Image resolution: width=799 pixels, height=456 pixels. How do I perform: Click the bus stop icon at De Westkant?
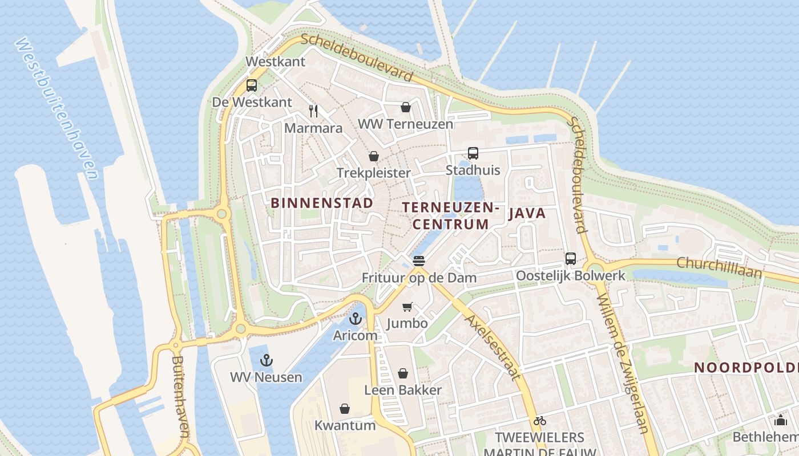point(251,85)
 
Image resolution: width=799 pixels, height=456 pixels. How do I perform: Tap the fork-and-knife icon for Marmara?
point(313,111)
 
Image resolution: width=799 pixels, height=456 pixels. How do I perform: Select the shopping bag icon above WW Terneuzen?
point(405,107)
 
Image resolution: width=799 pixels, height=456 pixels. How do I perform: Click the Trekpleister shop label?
point(373,173)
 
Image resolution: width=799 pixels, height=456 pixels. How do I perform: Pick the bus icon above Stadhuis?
point(473,153)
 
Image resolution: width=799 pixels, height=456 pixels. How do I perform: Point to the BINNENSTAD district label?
point(322,203)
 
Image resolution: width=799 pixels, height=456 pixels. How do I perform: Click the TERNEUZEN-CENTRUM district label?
point(451,215)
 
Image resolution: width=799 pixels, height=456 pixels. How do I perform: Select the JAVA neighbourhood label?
point(527,214)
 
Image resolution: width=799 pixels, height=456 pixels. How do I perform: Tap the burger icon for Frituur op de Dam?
point(419,261)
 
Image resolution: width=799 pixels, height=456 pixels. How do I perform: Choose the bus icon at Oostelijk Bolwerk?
point(570,258)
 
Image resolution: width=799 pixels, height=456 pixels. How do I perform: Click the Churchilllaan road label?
point(719,267)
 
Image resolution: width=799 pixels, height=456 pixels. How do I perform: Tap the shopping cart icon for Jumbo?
point(407,307)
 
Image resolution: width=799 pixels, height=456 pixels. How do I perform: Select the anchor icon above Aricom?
point(356,319)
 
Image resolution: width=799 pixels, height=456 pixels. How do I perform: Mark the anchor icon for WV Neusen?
point(266,360)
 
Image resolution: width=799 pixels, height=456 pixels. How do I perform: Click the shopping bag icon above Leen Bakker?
point(403,373)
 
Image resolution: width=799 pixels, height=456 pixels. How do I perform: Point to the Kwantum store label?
point(345,425)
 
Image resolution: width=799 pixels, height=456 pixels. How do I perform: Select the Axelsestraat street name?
point(493,347)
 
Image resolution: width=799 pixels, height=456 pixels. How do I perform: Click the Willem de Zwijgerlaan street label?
point(623,363)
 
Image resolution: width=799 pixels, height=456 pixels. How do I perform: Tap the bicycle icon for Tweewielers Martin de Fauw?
point(540,421)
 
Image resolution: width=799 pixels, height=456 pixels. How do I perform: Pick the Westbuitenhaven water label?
point(57,108)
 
